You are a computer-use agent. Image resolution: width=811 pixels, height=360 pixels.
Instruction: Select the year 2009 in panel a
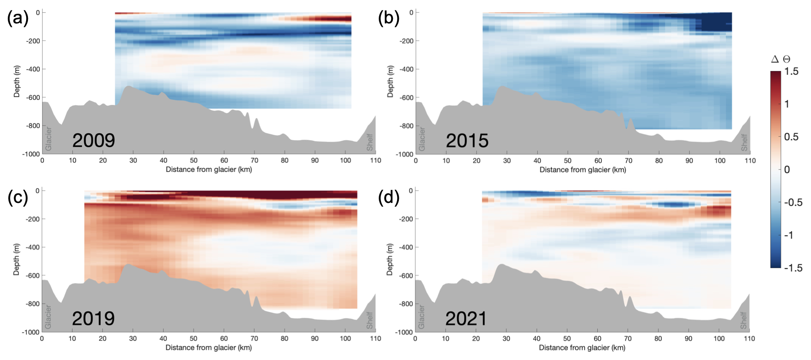[x=93, y=140]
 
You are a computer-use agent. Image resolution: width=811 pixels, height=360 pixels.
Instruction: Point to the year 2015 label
[x=467, y=141]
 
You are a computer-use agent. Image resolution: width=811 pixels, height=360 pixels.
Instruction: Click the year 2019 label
[x=93, y=318]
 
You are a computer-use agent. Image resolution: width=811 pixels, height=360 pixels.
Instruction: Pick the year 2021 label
[x=466, y=319]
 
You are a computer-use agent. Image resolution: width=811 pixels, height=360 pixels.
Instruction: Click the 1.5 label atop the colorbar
[x=791, y=71]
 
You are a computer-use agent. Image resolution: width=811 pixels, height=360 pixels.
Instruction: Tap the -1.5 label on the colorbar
[x=793, y=268]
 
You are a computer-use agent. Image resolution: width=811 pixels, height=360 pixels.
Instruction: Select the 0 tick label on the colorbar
[x=787, y=169]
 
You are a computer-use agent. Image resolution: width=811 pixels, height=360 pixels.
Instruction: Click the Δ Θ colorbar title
[x=781, y=59]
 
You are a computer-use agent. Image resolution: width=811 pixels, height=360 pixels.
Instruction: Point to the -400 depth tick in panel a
[x=33, y=69]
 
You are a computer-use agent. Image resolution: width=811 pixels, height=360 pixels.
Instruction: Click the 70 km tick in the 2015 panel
[x=628, y=161]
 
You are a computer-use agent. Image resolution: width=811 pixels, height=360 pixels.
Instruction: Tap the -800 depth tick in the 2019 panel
[x=33, y=304]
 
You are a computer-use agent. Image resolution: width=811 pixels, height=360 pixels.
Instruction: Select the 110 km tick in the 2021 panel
[x=749, y=338]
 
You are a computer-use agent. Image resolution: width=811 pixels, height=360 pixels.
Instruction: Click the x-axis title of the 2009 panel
[x=209, y=169]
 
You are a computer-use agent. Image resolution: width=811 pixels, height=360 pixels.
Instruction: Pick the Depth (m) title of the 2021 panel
[x=390, y=259]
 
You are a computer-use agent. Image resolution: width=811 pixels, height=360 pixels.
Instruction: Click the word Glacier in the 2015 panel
[x=422, y=139]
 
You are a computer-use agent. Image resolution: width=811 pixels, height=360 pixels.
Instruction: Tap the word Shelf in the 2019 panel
[x=370, y=320]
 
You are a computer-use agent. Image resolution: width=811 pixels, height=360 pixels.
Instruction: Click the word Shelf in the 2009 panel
[x=370, y=142]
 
